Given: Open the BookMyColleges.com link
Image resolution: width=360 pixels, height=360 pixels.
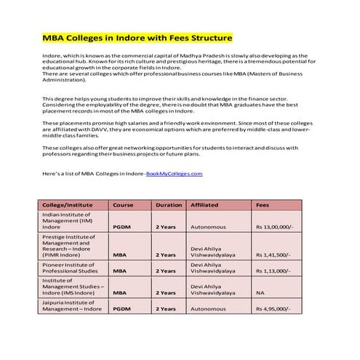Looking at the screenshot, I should (174, 174).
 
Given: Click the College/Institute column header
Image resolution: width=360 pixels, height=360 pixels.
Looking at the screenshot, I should (67, 205).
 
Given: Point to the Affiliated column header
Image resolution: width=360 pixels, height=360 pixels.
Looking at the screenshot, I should (204, 205).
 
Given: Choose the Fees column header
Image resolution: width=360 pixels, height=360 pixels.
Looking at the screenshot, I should (263, 205).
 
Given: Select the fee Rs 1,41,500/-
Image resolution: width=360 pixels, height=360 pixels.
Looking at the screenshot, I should (273, 255).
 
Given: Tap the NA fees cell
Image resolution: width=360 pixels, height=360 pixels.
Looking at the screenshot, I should (260, 293).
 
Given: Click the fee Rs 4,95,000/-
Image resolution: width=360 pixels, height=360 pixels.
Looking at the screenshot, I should (273, 308).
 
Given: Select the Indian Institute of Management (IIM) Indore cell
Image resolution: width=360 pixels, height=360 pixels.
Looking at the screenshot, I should (66, 221).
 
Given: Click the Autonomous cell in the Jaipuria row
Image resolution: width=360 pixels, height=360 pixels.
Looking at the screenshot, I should (208, 308).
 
